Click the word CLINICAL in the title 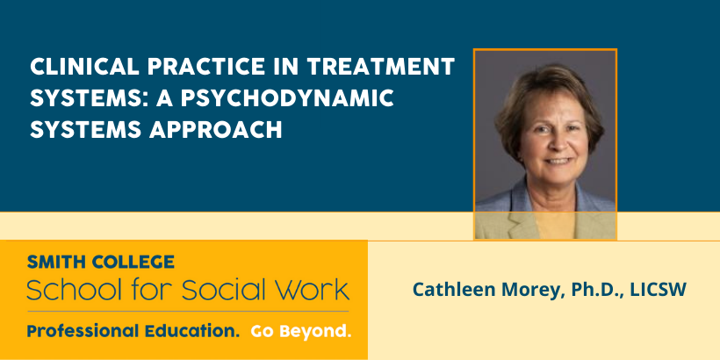pyautogui.click(x=84, y=67)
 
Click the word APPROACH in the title pyautogui.click(x=215, y=130)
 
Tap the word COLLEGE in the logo pyautogui.click(x=133, y=262)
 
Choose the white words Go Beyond pyautogui.click(x=301, y=331)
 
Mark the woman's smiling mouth pyautogui.click(x=557, y=162)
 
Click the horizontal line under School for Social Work pyautogui.click(x=188, y=312)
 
